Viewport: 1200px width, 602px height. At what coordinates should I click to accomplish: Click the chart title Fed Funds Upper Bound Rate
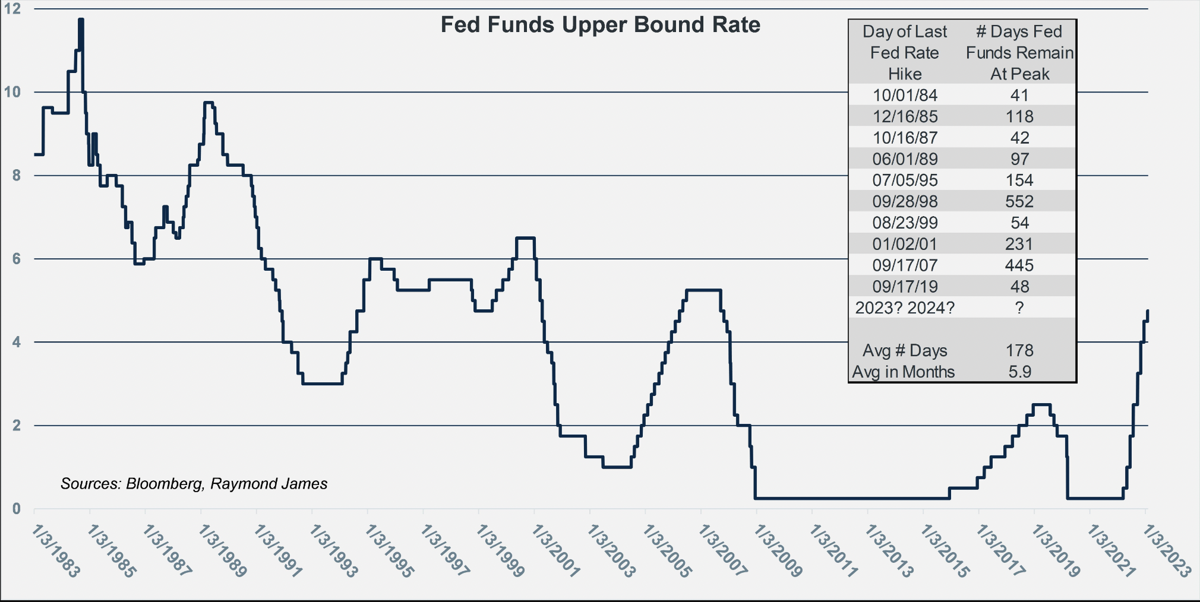pyautogui.click(x=600, y=25)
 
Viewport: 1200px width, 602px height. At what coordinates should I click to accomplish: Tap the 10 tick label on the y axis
pyautogui.click(x=12, y=92)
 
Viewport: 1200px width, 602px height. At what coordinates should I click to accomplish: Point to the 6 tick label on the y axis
pyautogui.click(x=16, y=259)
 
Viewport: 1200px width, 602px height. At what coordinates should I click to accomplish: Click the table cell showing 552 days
pyautogui.click(x=1019, y=201)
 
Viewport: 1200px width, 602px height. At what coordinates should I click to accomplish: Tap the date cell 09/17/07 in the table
pyautogui.click(x=905, y=265)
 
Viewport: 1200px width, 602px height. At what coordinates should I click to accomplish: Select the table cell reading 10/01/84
pyautogui.click(x=905, y=95)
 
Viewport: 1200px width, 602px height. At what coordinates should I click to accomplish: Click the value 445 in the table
pyautogui.click(x=1019, y=265)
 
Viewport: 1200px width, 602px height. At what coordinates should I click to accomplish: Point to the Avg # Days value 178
pyautogui.click(x=1019, y=350)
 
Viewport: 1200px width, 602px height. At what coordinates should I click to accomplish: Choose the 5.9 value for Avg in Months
pyautogui.click(x=1019, y=372)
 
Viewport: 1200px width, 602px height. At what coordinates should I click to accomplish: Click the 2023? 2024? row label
pyautogui.click(x=905, y=308)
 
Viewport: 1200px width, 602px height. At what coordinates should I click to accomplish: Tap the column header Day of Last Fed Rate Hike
pyautogui.click(x=905, y=53)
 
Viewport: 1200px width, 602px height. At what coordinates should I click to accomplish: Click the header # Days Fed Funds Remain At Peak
pyautogui.click(x=1019, y=53)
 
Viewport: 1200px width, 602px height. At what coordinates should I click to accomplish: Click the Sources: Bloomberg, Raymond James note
pyautogui.click(x=194, y=484)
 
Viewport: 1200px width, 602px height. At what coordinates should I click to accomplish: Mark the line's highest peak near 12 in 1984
pyautogui.click(x=81, y=20)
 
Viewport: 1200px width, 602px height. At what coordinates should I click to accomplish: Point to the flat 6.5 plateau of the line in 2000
pyautogui.click(x=525, y=238)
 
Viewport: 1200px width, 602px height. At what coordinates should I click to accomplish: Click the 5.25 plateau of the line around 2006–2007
pyautogui.click(x=703, y=290)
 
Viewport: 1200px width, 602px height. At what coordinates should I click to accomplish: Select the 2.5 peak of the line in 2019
pyautogui.click(x=1041, y=405)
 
